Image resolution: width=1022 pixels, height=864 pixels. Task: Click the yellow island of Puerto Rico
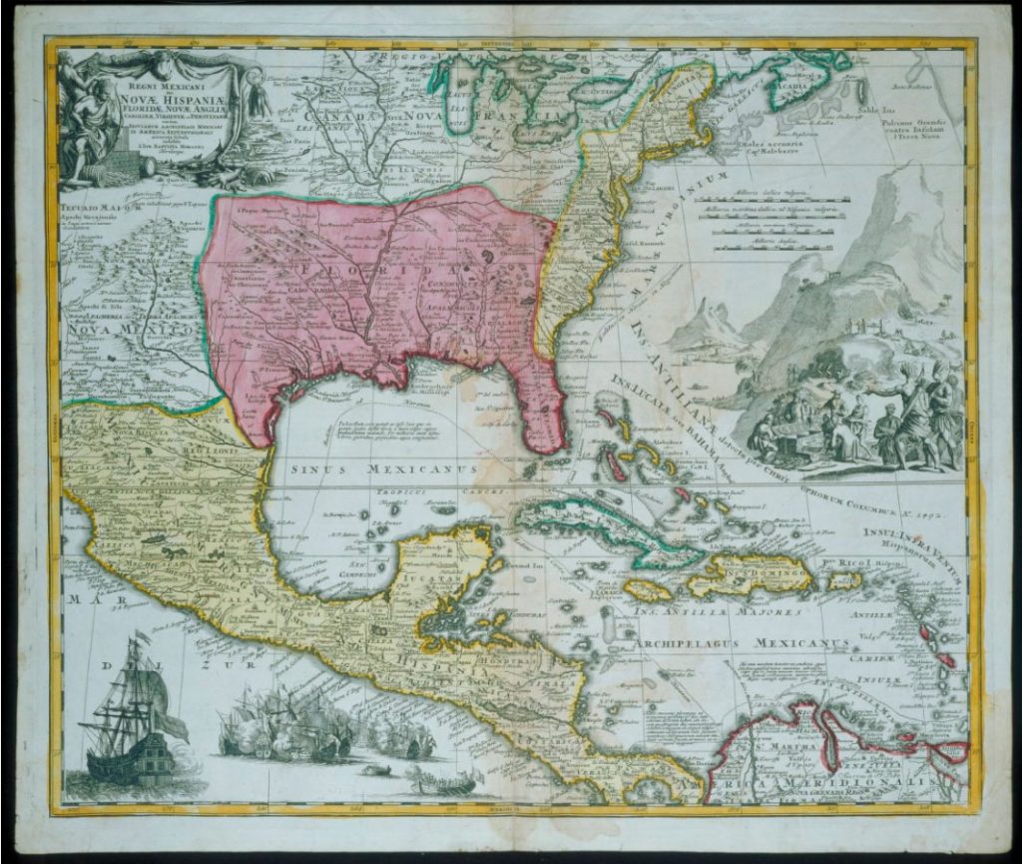pyautogui.click(x=842, y=579)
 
